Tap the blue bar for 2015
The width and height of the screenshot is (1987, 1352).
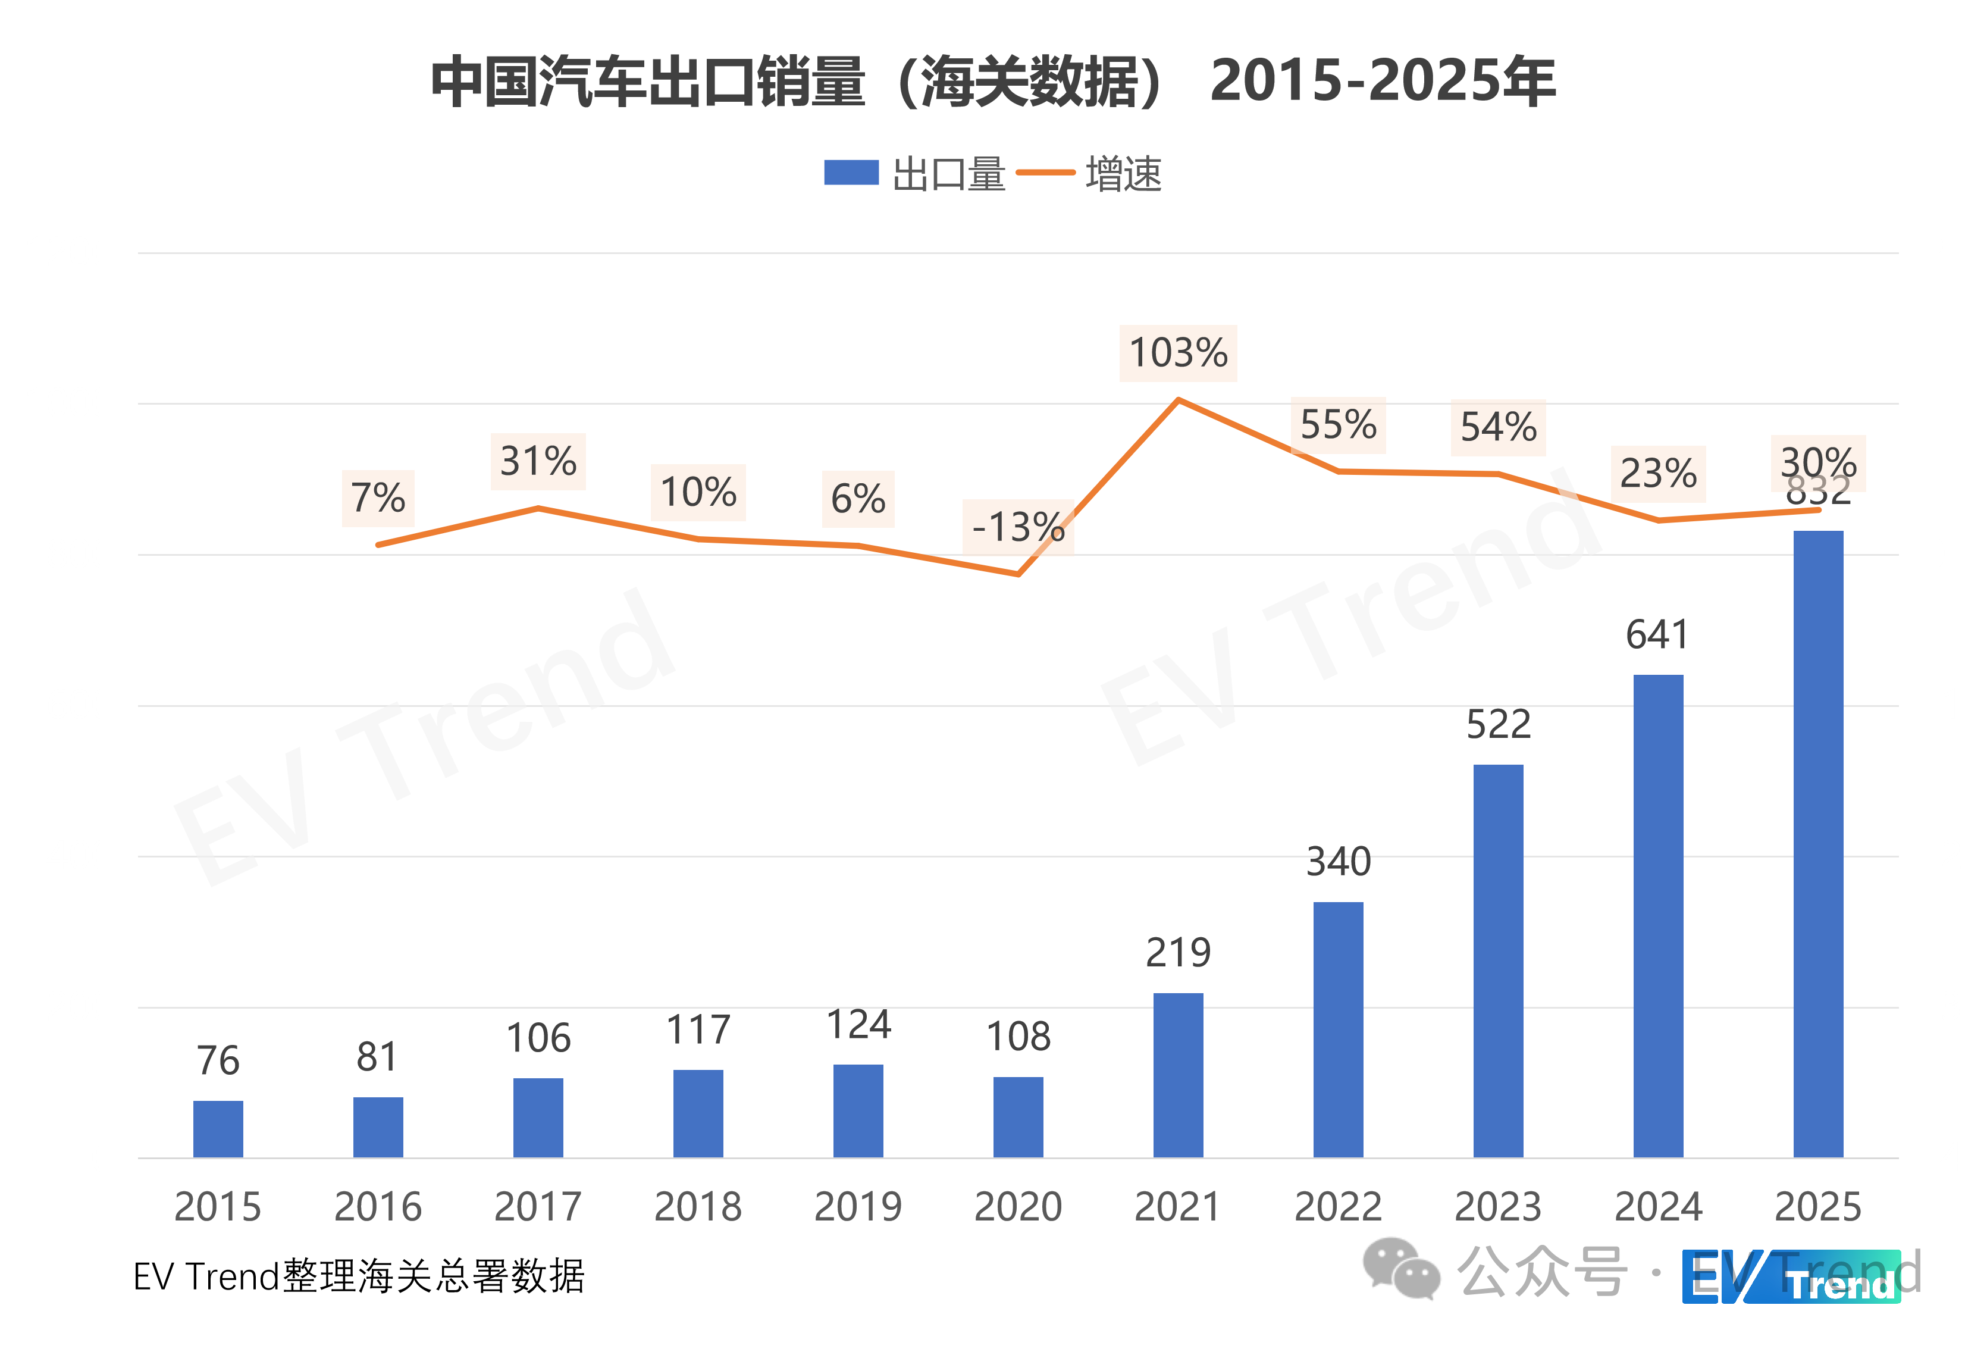coord(218,1129)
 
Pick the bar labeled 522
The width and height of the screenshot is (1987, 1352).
coord(1498,960)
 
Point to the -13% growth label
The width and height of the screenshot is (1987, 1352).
coord(1018,527)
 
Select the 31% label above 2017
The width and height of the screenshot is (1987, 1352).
coord(538,462)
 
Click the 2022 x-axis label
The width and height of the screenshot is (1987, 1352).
coord(1338,1207)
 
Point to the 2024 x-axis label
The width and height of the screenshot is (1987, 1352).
coord(1658,1207)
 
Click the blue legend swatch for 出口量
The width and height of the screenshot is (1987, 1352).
coord(851,173)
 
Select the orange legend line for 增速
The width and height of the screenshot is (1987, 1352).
coord(1045,173)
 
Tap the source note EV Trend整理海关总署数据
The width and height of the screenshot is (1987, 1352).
coord(359,1277)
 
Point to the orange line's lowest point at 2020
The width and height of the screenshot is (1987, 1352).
coord(1018,574)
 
